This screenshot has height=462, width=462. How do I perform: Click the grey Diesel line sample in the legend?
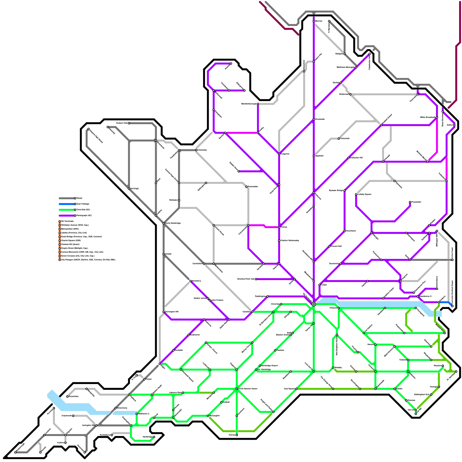(x=66, y=198)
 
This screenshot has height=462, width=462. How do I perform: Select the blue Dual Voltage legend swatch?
(x=66, y=204)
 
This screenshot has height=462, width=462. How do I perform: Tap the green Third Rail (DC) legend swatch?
(x=66, y=210)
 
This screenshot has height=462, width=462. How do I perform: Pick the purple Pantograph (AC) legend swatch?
(x=66, y=216)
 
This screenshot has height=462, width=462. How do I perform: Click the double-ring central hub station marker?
(x=314, y=304)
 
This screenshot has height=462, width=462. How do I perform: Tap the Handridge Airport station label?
(x=269, y=366)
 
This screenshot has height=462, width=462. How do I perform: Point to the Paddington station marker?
(x=268, y=296)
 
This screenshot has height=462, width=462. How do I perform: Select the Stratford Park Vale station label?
(x=246, y=279)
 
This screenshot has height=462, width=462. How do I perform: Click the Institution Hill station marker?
(x=349, y=158)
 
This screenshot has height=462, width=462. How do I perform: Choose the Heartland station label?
(x=351, y=231)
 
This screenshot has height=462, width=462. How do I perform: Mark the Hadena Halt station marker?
(x=129, y=123)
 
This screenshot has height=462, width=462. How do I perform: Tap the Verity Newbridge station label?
(x=173, y=223)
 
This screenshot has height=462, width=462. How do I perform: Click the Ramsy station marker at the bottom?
(x=237, y=435)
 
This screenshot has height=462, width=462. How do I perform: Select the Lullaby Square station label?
(x=364, y=194)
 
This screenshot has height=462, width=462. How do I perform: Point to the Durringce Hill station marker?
(x=164, y=312)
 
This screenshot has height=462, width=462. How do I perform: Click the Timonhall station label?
(x=345, y=139)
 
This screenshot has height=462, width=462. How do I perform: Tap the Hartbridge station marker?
(x=154, y=437)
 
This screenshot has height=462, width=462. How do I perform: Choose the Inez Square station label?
(x=289, y=389)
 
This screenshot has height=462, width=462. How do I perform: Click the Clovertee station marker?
(x=281, y=304)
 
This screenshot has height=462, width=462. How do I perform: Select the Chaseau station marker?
(x=339, y=308)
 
